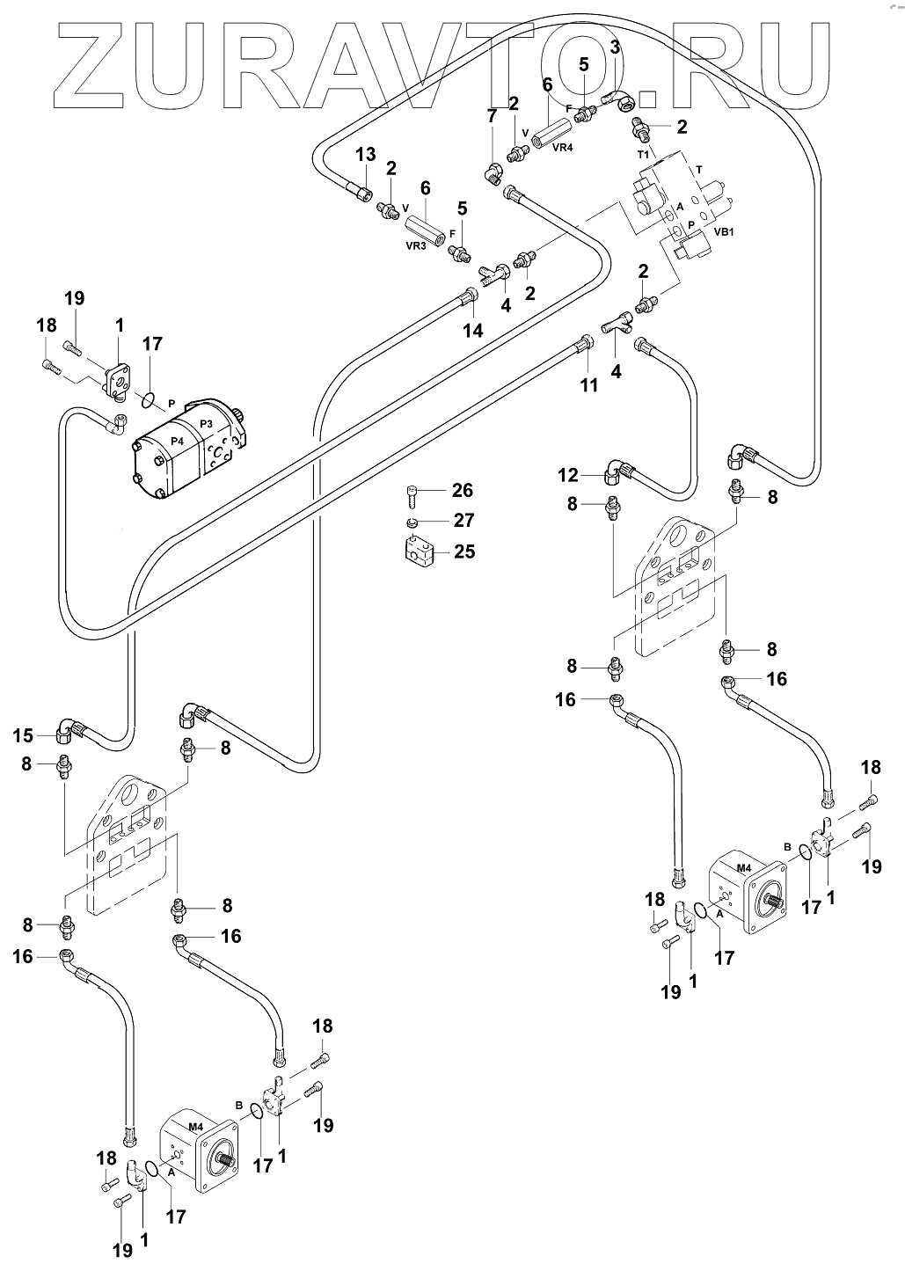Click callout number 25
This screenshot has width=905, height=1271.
point(463,551)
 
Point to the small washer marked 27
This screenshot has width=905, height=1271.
point(411,523)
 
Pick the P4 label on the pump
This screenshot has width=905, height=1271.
point(178,441)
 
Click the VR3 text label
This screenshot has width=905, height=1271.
point(416,247)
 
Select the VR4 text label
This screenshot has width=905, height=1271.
point(562,148)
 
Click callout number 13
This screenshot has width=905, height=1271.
point(365,156)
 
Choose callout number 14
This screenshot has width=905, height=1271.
point(473,331)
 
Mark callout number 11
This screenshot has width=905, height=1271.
point(588,384)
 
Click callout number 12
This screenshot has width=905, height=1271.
point(568,476)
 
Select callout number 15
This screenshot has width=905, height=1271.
point(25,735)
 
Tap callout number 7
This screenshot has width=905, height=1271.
point(493,114)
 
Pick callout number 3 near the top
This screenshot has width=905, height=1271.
point(615,47)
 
